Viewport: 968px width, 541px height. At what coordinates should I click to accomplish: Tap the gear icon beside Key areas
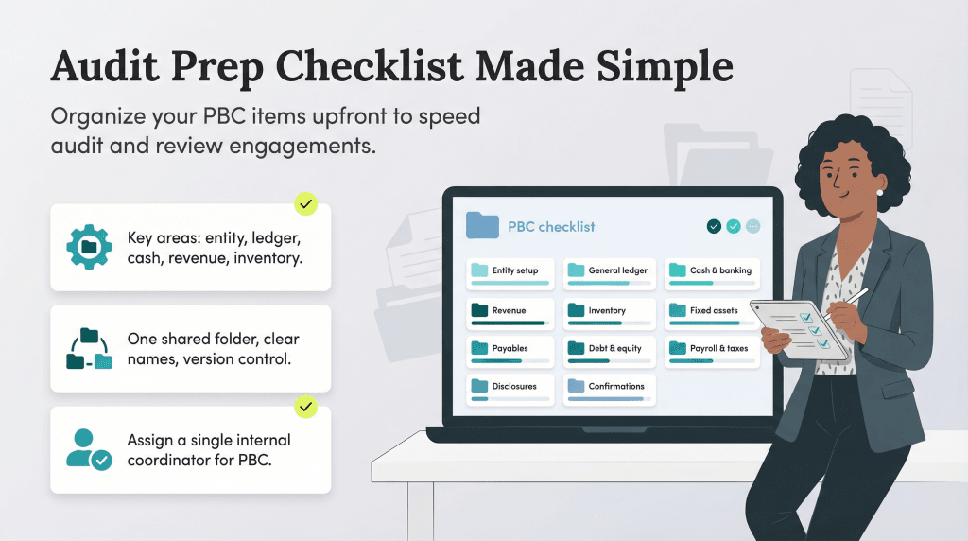[x=89, y=246]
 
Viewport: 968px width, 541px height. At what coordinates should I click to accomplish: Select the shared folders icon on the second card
[x=89, y=348]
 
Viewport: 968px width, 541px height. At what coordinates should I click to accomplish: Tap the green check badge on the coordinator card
[x=304, y=408]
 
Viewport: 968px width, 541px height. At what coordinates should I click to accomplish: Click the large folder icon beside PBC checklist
[x=482, y=226]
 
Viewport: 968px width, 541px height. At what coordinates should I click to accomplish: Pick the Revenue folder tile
[x=510, y=312]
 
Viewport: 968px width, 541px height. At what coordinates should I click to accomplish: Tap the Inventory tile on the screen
[x=610, y=312]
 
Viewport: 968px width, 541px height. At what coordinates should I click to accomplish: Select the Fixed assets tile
[x=712, y=312]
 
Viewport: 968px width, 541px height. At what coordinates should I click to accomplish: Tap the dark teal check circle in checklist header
[x=714, y=226]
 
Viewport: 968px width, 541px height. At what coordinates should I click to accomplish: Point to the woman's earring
[x=879, y=193]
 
